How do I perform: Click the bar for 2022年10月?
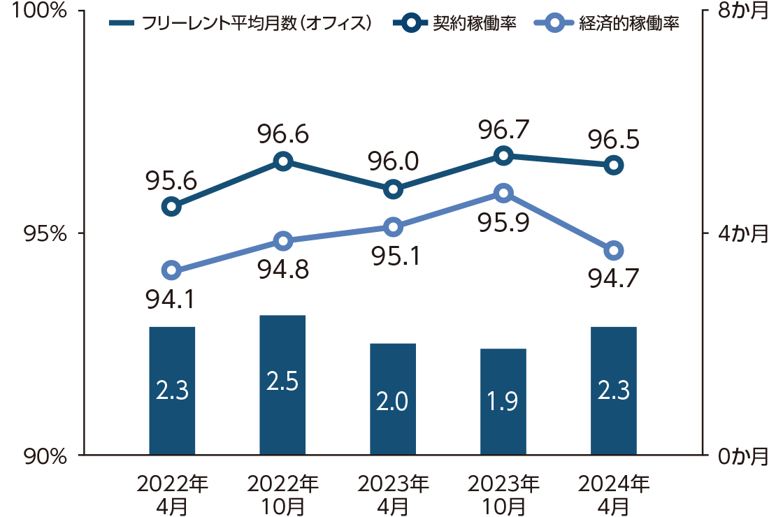pos(282,385)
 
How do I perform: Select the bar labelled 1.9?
pos(503,402)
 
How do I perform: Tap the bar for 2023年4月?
pos(393,399)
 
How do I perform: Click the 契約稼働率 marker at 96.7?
pos(503,156)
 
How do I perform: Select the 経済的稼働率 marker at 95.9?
pos(503,194)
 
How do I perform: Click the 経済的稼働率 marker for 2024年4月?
pos(614,251)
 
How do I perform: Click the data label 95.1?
pos(394,257)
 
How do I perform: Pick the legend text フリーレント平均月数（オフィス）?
pos(256,24)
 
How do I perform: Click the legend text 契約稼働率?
pos(475,24)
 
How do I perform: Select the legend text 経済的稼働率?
pos(630,24)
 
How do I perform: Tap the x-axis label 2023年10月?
pos(503,494)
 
